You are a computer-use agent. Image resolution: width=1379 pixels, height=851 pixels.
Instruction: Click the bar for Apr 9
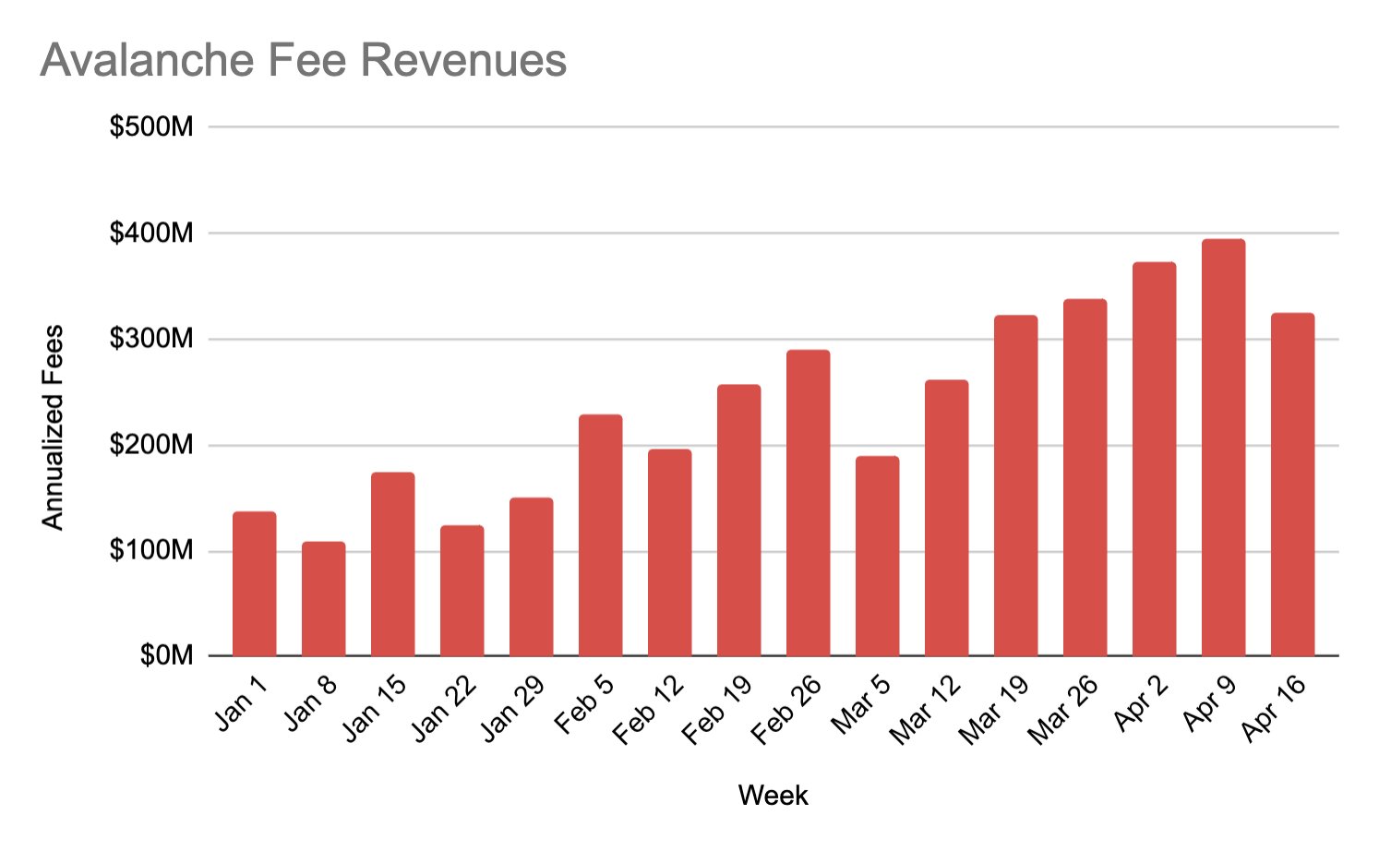[x=1223, y=448]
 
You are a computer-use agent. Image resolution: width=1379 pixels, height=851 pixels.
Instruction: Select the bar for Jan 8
[x=323, y=599]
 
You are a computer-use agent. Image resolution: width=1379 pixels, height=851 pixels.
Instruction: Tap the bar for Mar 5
[x=877, y=556]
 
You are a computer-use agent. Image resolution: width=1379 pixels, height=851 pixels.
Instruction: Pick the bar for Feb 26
[x=808, y=503]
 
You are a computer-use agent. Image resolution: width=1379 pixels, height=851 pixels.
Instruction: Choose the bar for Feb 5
[x=600, y=535]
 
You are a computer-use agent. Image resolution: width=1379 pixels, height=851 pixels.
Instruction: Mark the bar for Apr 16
[x=1292, y=485]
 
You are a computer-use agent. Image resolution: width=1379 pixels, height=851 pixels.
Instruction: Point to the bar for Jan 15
[x=392, y=564]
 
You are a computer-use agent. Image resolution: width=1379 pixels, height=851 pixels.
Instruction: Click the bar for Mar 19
[x=1015, y=485]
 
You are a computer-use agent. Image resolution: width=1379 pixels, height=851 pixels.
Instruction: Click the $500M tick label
[x=151, y=126]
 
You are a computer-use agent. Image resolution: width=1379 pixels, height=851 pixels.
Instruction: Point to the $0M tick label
[x=166, y=655]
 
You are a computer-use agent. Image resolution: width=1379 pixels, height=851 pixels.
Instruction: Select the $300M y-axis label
[x=151, y=339]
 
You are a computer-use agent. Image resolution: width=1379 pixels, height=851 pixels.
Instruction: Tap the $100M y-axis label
[x=151, y=551]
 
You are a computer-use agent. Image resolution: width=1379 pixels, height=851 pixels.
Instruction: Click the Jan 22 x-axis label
[x=444, y=709]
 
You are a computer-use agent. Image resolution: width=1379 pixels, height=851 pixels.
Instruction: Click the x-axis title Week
[x=773, y=796]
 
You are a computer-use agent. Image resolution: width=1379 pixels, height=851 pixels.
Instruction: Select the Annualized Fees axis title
[x=54, y=427]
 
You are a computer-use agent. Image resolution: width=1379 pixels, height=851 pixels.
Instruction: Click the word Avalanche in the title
[x=148, y=61]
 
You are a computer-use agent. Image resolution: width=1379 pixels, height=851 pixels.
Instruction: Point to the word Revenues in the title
[x=463, y=61]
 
